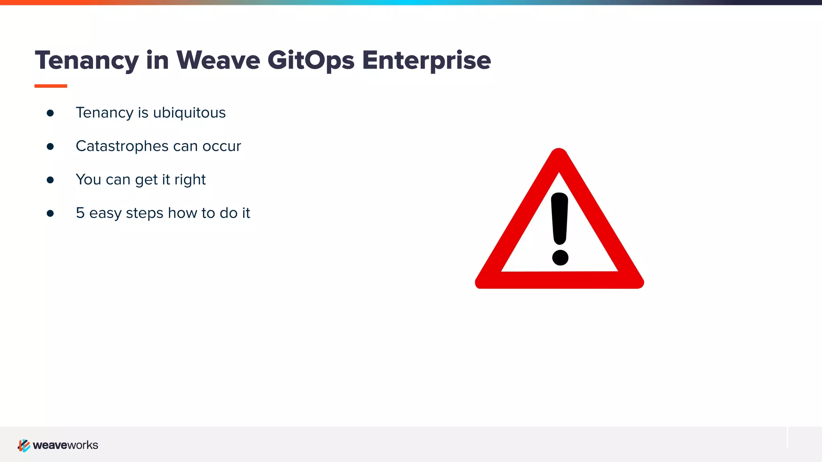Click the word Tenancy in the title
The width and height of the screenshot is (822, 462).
pos(87,61)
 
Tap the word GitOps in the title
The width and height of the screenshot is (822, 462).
pos(311,61)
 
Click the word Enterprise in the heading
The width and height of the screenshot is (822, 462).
pos(426,61)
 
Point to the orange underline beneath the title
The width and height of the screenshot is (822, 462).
pos(51,86)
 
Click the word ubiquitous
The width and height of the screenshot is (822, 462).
pos(189,113)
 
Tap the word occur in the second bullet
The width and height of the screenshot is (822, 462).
pos(222,146)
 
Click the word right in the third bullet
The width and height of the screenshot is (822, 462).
pos(190,180)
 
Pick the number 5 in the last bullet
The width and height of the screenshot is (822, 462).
pos(80,213)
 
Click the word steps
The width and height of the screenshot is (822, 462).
pos(144,213)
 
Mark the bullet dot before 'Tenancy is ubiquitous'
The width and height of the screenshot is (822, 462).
pos(50,113)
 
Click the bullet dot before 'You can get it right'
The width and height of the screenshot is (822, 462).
pos(50,180)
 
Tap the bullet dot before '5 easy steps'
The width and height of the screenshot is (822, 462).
pos(50,213)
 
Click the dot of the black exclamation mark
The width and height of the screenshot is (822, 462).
pos(560,257)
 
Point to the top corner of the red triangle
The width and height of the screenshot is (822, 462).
pos(559,154)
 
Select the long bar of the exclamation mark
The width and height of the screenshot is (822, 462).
pos(560,219)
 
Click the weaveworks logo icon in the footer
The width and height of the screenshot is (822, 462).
pos(24,445)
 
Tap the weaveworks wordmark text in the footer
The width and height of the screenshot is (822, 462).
pos(65,445)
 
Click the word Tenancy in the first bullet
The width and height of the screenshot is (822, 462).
pos(104,113)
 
